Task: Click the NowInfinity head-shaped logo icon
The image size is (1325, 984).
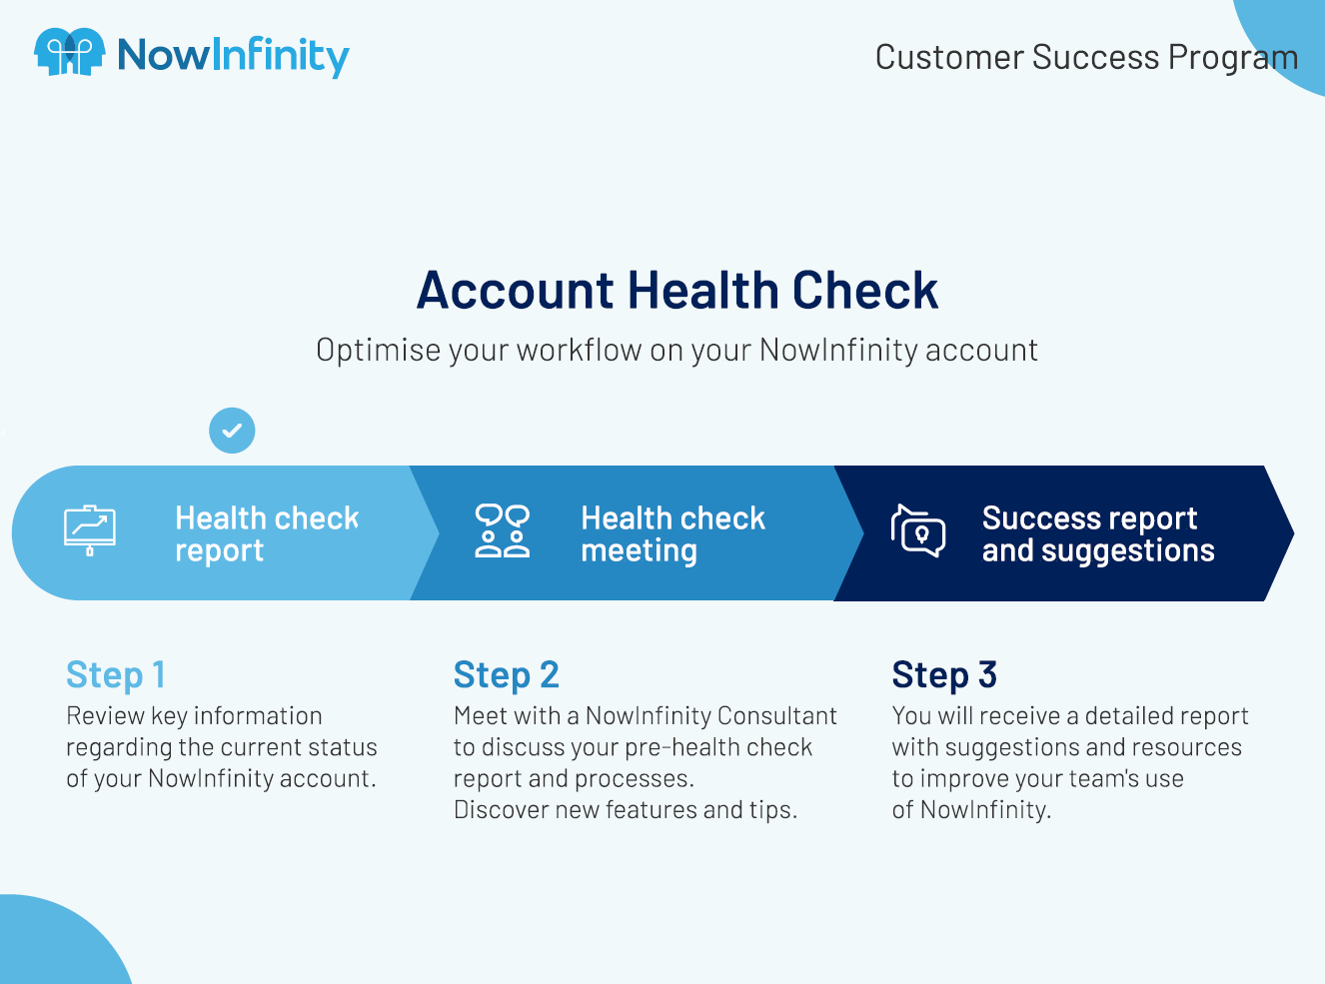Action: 70,52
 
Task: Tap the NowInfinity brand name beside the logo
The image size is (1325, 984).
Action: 233,57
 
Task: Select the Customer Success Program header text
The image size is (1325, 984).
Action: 1086,58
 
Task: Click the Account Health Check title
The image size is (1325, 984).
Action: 676,291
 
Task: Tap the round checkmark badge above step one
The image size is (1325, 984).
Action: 232,431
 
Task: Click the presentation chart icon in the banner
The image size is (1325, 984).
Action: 90,530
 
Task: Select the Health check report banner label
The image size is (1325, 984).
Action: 267,533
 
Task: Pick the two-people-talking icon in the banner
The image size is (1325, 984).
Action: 502,531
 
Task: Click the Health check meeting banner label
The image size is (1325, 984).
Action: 672,533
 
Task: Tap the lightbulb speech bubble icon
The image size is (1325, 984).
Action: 918,531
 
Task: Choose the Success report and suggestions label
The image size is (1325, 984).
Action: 1098,533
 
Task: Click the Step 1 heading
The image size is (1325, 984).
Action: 115,675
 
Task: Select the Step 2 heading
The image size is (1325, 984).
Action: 506,675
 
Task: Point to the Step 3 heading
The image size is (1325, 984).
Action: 944,675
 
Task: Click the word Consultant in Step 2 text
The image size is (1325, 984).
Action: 776,715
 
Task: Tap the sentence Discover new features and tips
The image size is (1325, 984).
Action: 626,810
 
